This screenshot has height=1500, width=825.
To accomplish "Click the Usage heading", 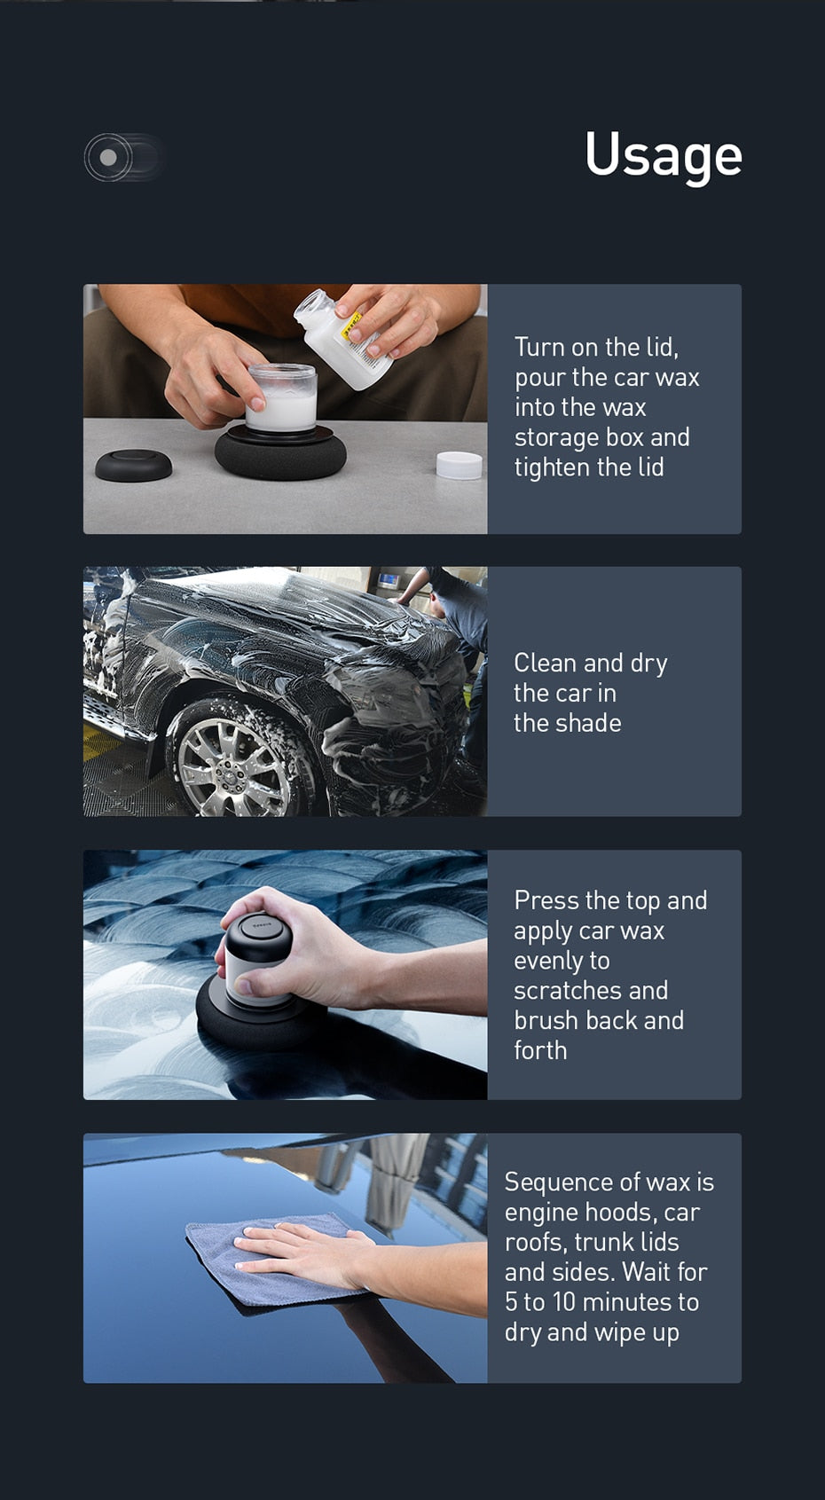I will pyautogui.click(x=663, y=155).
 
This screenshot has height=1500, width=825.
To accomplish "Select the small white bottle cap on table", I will pyautogui.click(x=459, y=464).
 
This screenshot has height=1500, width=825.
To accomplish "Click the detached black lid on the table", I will pyautogui.click(x=133, y=465).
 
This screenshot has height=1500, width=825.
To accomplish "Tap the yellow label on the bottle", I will pyautogui.click(x=352, y=324).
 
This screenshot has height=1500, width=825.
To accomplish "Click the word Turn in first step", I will pyautogui.click(x=538, y=347).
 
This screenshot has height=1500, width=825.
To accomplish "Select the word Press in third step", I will pyautogui.click(x=546, y=900).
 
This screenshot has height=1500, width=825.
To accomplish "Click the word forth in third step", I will pyautogui.click(x=540, y=1050).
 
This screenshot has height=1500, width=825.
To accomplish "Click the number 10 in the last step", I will pyautogui.click(x=564, y=1302).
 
